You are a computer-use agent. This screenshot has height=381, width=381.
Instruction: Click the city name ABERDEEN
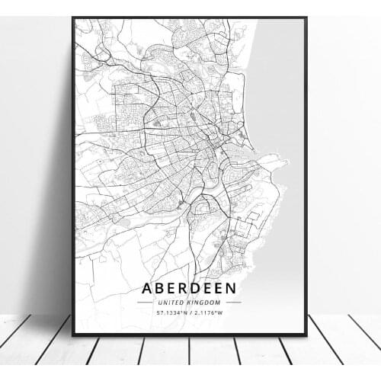(189, 288)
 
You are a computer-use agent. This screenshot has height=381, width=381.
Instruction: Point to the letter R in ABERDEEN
(184, 288)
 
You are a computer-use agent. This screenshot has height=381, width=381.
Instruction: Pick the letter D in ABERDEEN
(197, 288)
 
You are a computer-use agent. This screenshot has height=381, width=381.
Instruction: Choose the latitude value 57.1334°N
(170, 312)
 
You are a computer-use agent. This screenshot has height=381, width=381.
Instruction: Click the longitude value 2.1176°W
(208, 312)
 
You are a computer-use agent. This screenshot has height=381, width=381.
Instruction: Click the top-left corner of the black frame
(73, 18)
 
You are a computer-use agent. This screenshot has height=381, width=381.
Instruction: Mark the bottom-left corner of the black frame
(73, 335)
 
